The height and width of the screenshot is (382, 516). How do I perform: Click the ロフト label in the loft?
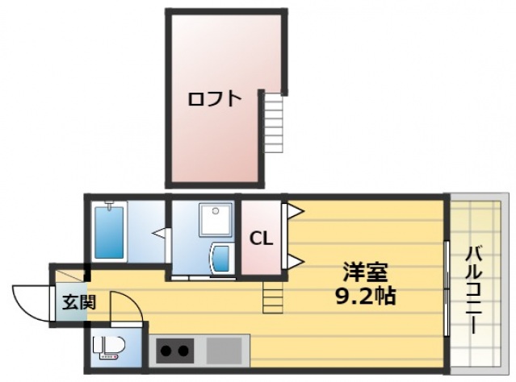(214, 99)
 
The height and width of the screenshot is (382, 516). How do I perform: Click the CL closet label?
(259, 238)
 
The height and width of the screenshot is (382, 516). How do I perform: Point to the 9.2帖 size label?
(365, 296)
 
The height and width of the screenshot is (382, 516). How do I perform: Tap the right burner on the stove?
(185, 351)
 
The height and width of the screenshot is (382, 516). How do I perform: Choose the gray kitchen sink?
(224, 351)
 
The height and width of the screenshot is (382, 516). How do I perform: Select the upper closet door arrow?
(294, 212)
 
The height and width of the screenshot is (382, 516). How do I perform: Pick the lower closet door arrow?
(294, 260)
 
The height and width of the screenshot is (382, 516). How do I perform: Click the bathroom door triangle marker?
(160, 235)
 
